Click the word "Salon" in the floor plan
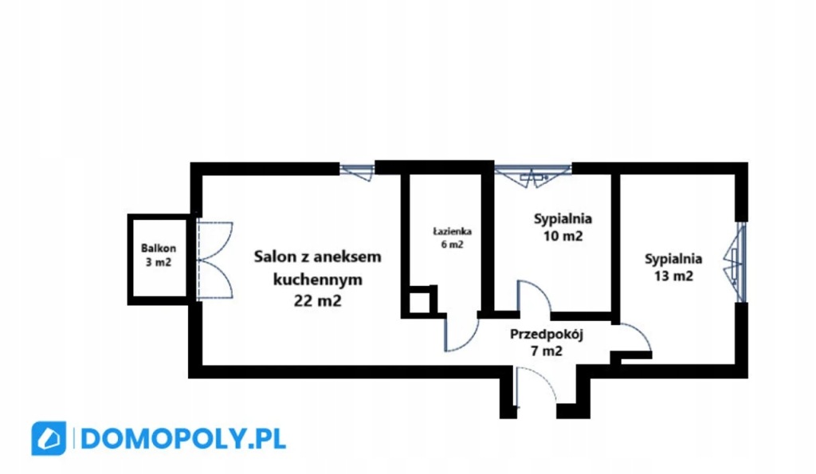pyautogui.click(x=273, y=257)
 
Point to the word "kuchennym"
pyautogui.click(x=317, y=280)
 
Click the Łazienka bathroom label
pyautogui.click(x=452, y=232)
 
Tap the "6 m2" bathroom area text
pyautogui.click(x=452, y=245)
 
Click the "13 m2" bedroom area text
pyautogui.click(x=673, y=276)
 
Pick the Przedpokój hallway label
pyautogui.click(x=547, y=334)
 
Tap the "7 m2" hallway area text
pyautogui.click(x=547, y=349)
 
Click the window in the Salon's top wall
pyautogui.click(x=356, y=169)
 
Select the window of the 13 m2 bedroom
pyautogui.click(x=739, y=261)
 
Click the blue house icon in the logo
pyautogui.click(x=49, y=439)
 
